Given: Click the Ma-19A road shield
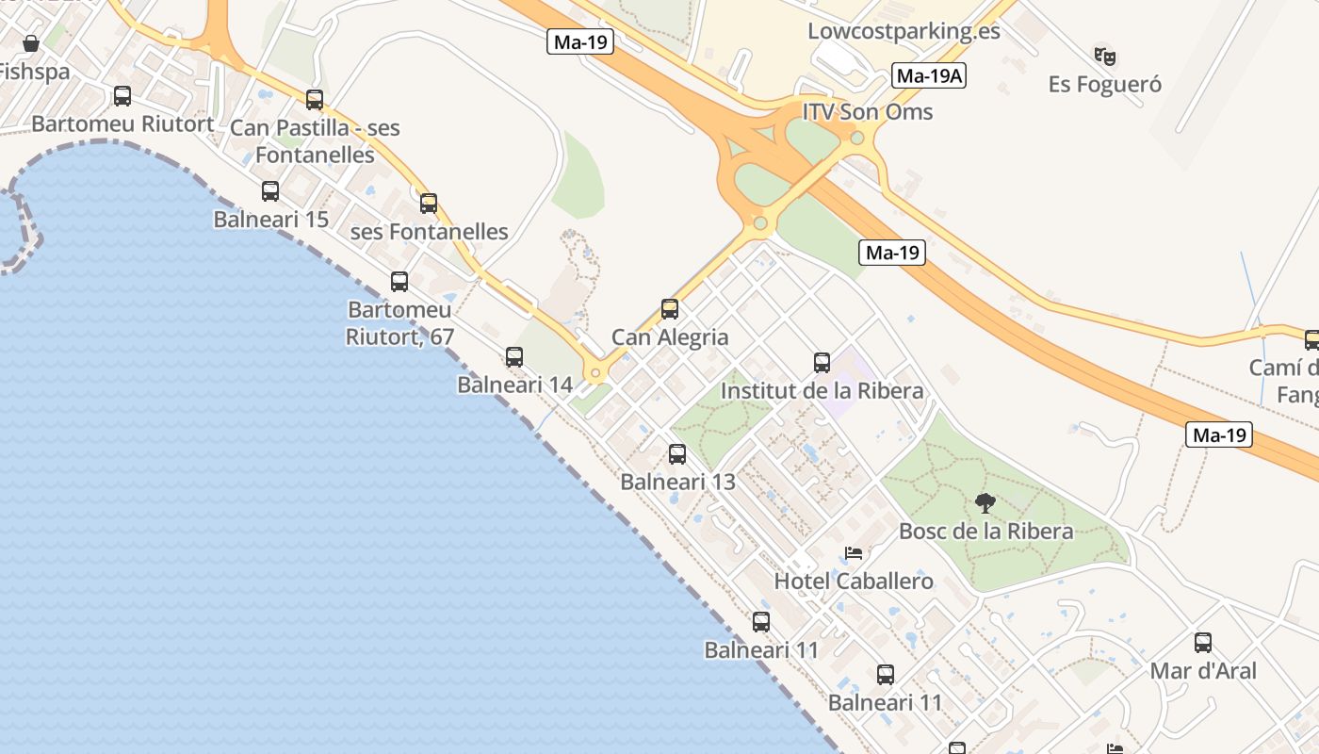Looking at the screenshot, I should pos(929,76).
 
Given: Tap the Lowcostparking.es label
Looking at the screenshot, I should pos(904,31).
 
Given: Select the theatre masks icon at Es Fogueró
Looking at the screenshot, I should pos(1104,56).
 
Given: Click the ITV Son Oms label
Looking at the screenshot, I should pos(867,112).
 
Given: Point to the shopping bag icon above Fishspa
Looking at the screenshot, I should pos(30,43).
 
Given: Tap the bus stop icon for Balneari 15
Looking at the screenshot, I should pos(270,191).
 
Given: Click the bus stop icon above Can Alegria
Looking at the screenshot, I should pos(670,308).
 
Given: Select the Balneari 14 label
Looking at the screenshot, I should pos(514,385).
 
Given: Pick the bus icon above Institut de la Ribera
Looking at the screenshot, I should pos(822,362).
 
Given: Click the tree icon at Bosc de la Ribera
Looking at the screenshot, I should pos(985,502).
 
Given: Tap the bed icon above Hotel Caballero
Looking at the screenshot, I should pos(854,553).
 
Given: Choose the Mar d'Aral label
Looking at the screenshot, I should pos(1203,671).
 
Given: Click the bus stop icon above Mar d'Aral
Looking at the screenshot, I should pos(1203,643).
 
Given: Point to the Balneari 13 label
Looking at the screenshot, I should pos(677,482).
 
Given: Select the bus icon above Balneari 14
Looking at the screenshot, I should pos(514,356).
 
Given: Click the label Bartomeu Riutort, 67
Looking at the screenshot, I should pos(400,322).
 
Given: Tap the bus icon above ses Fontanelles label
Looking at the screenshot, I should pos(429,203).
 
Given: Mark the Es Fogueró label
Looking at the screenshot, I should pos(1105,85).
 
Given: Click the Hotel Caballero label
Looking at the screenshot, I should pos(854,582).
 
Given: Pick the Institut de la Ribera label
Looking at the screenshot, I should pos(822,390).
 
